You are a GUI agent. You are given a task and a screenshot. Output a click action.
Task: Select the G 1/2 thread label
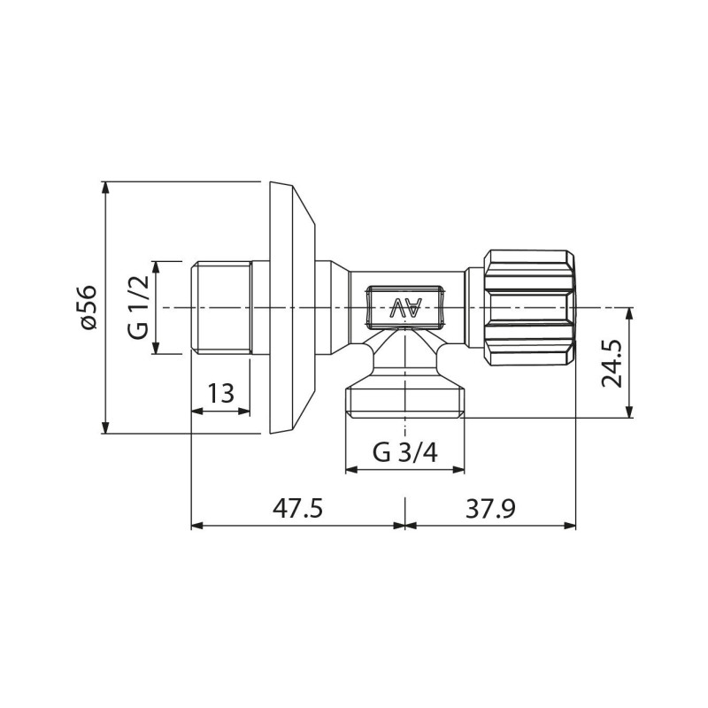coord(137,308)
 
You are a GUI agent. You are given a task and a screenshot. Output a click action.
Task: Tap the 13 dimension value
coord(220,393)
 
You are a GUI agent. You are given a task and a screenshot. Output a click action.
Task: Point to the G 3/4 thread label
coord(404,452)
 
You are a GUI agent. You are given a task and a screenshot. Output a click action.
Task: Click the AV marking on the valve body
coord(407,309)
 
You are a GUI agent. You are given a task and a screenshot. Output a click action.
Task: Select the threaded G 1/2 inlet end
coord(220,307)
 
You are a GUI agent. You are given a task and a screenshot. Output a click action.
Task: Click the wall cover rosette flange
coord(290,307)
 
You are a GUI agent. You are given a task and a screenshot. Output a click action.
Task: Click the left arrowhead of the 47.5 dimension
coord(197,526)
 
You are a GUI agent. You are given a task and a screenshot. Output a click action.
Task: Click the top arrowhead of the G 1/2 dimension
coord(155,266)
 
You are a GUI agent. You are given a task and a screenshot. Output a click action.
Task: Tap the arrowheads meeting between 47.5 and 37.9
coord(405,526)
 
